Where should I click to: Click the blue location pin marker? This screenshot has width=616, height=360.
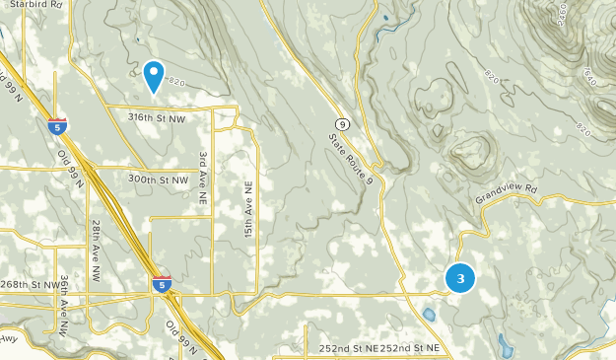coord(154,75)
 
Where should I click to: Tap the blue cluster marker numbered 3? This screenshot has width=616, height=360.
coord(460,278)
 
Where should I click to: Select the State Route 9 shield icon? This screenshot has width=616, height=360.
coord(341,122)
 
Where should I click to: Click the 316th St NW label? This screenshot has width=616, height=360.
coord(157,117)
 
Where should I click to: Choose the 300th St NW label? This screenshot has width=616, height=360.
coord(158,180)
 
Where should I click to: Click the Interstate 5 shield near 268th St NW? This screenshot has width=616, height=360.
coord(162,284)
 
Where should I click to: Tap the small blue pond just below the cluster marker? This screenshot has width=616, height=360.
coord(430,316)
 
